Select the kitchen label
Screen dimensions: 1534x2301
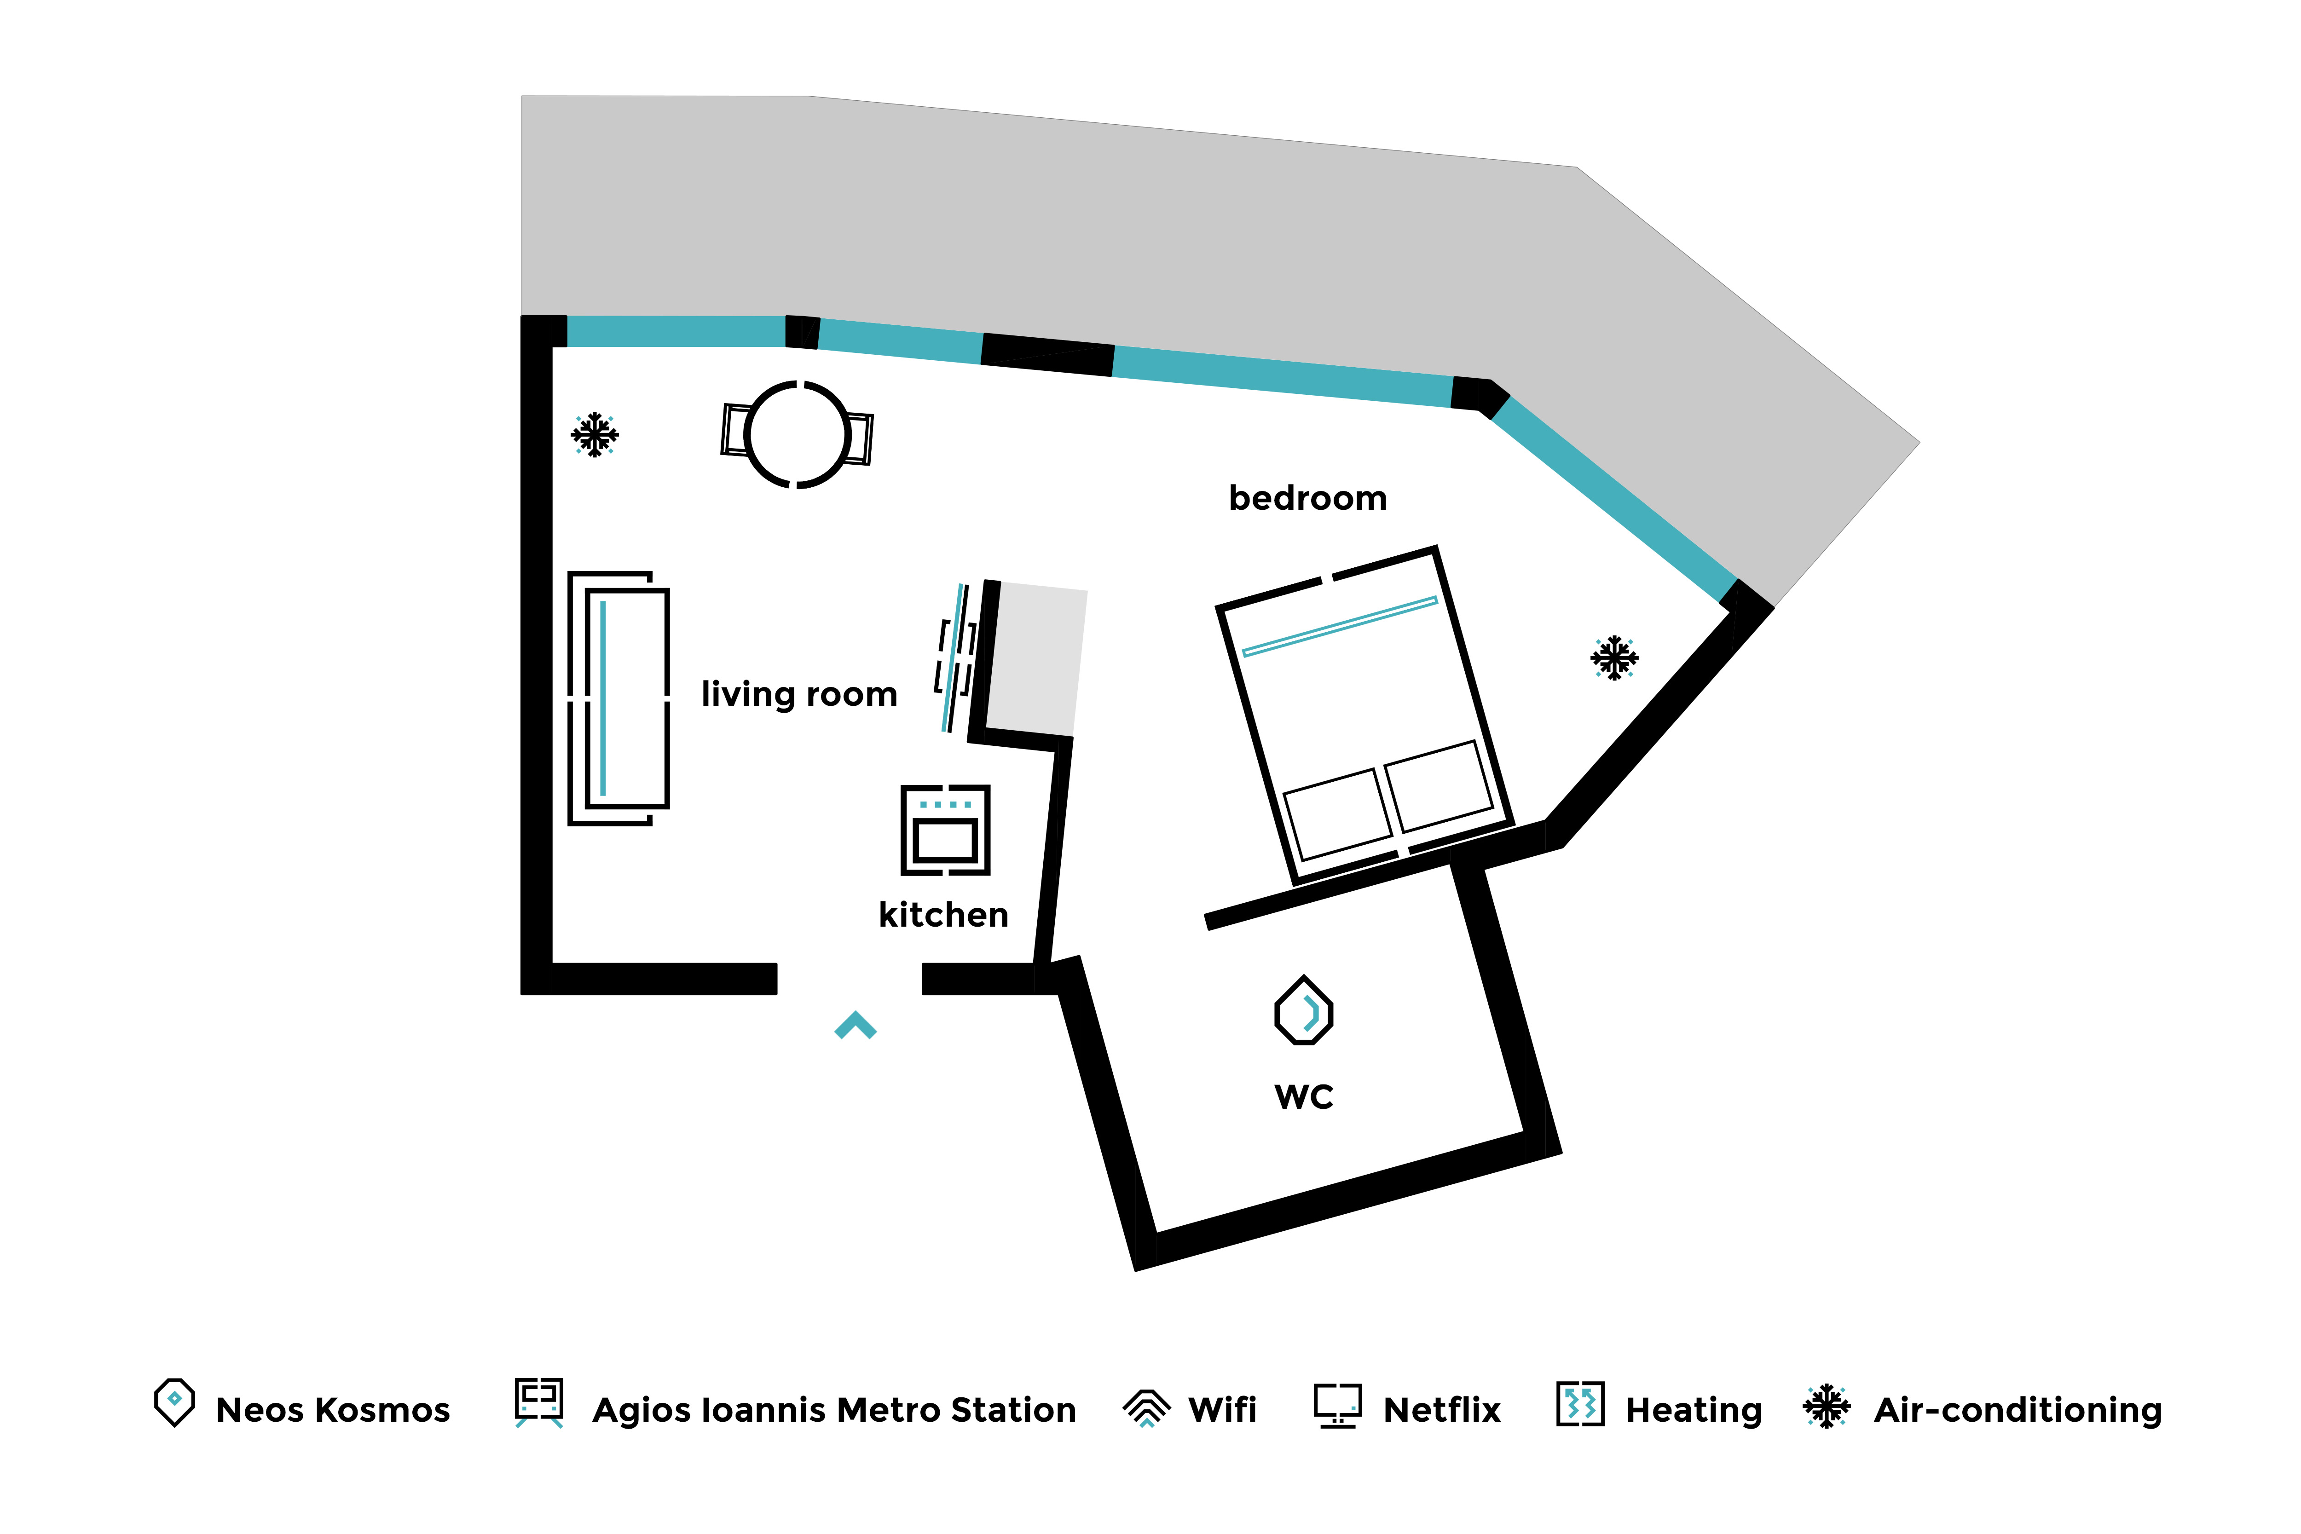coord(943,915)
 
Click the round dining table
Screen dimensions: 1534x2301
coord(798,434)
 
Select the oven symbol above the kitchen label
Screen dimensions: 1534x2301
coord(945,830)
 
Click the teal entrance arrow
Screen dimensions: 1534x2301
coord(855,1025)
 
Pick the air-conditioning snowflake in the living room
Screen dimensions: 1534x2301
coord(595,434)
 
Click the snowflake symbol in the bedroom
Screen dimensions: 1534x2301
coord(1614,657)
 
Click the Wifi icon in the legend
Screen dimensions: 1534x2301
coord(1146,1408)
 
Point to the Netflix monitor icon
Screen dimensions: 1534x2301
coord(1337,1406)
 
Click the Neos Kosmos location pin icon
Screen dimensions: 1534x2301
coord(174,1402)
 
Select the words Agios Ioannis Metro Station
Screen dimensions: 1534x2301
coord(833,1410)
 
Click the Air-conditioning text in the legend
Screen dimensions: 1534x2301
coord(2018,1410)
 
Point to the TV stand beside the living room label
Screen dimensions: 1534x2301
coord(955,657)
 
